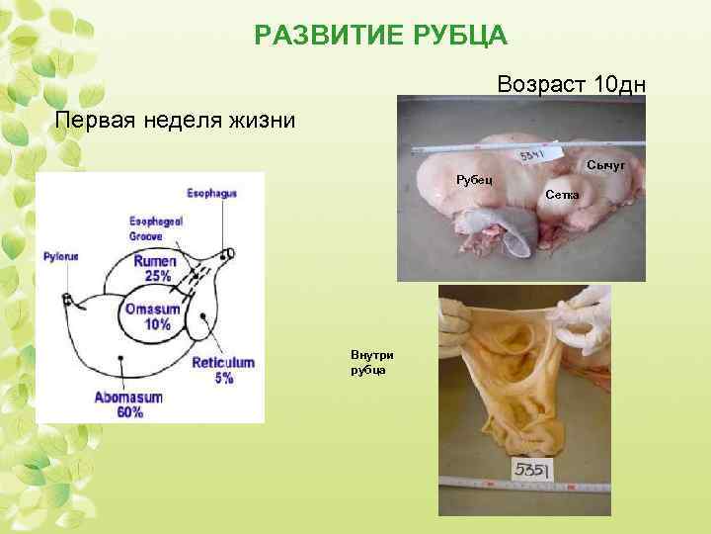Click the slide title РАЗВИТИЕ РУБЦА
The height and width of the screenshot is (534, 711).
tap(380, 37)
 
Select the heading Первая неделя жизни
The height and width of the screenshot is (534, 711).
tap(175, 121)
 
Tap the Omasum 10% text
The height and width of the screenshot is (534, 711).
tap(153, 316)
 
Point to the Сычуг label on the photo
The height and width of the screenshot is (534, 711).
tap(604, 163)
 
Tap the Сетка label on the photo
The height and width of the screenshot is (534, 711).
tap(563, 195)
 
